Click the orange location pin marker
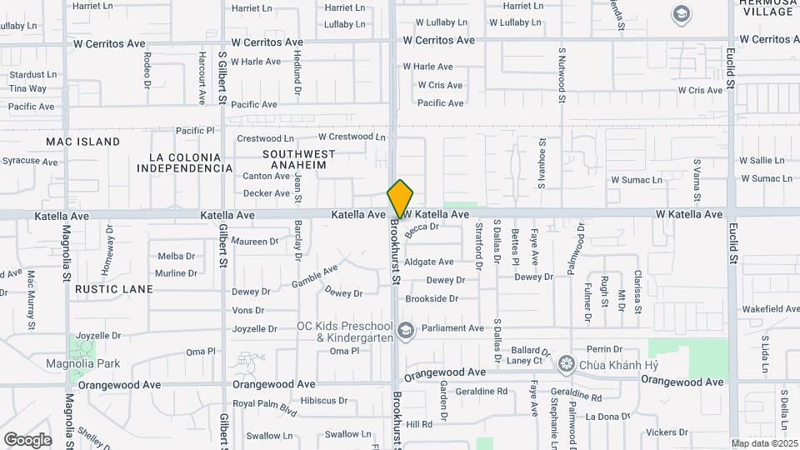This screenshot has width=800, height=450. pyautogui.click(x=400, y=199)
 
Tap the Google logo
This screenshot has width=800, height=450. pyautogui.click(x=27, y=439)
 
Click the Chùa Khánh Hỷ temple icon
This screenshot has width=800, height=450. pyautogui.click(x=567, y=363)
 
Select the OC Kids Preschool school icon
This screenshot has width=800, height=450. pyautogui.click(x=405, y=331)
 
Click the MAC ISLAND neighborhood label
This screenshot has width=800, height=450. pyautogui.click(x=82, y=142)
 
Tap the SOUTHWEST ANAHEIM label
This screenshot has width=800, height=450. pyautogui.click(x=298, y=159)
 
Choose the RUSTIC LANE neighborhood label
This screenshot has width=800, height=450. pyautogui.click(x=114, y=289)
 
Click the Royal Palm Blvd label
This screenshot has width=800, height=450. pyautogui.click(x=265, y=407)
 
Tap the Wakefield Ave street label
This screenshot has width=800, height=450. pyautogui.click(x=770, y=309)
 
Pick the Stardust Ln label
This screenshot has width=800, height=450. pyautogui.click(x=32, y=74)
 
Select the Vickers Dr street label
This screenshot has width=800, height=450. pyautogui.click(x=665, y=432)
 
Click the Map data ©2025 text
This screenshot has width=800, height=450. pyautogui.click(x=763, y=443)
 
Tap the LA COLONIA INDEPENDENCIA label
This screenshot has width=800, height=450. pyautogui.click(x=184, y=162)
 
